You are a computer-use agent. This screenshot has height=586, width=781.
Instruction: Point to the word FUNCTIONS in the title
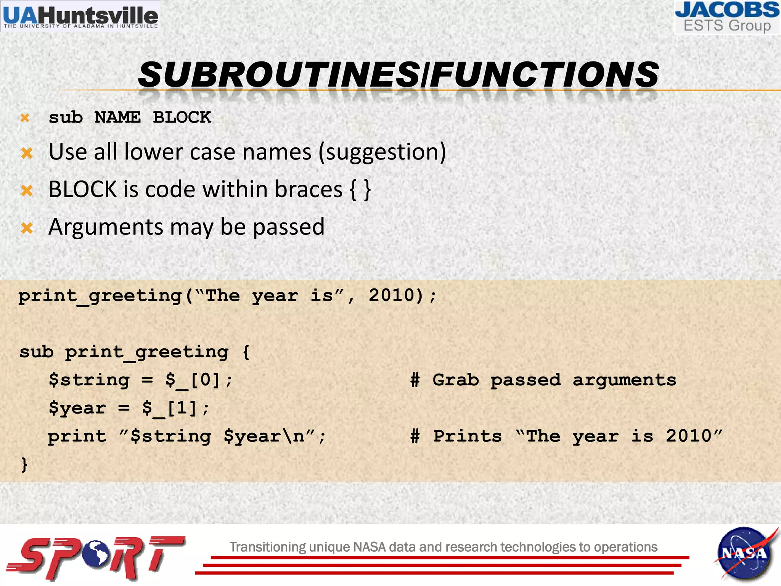[545, 74]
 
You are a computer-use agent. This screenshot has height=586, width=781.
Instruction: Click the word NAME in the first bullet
[117, 118]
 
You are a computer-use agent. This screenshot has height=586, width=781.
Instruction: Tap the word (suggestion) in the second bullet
[382, 152]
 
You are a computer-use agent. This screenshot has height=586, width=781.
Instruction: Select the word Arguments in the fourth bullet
[106, 227]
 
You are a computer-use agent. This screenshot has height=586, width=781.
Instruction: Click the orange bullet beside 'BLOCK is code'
[27, 190]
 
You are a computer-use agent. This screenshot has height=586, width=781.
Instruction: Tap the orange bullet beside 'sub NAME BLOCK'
[25, 118]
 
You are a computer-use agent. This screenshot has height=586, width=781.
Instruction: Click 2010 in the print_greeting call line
[391, 295]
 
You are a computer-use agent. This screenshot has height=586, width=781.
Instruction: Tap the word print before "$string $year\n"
[77, 436]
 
